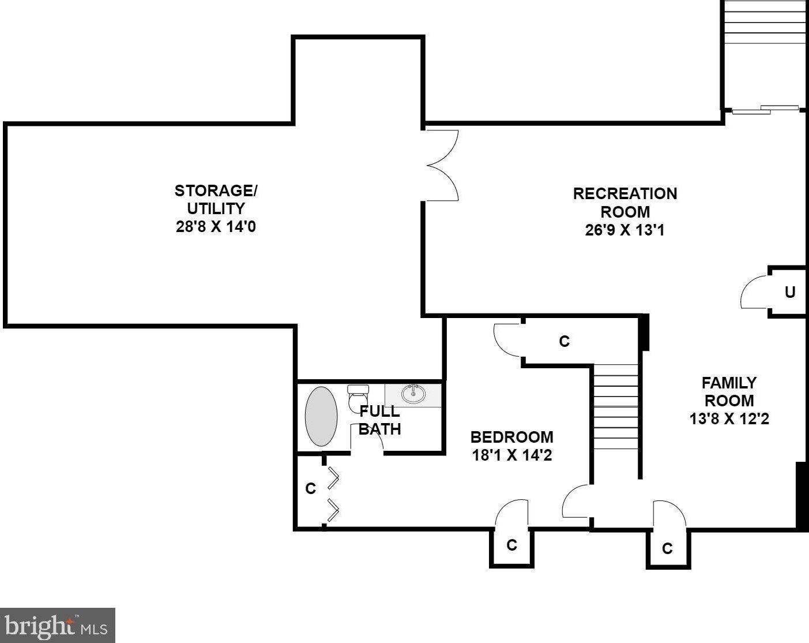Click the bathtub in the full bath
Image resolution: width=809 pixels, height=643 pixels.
click(321, 417)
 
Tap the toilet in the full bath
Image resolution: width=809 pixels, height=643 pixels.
click(358, 398)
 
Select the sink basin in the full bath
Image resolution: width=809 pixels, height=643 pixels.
click(413, 394)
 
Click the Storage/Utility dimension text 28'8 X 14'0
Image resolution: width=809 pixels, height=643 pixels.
click(216, 226)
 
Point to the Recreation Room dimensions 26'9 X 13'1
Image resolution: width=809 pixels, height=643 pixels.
click(625, 230)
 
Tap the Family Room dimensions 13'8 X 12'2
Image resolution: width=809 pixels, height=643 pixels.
click(729, 418)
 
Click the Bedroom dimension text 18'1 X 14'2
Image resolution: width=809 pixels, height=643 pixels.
click(511, 455)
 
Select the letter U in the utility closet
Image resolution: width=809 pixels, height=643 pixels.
click(790, 292)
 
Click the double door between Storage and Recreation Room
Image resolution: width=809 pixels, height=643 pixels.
click(442, 166)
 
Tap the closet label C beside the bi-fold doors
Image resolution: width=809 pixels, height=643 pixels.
click(311, 488)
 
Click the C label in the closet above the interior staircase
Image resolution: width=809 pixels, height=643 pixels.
click(565, 341)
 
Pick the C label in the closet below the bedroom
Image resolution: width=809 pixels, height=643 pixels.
click(511, 545)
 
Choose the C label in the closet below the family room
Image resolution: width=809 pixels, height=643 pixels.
click(667, 548)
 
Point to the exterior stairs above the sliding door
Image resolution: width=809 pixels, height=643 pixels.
click(765, 27)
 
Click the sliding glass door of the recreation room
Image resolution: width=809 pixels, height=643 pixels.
click(765, 110)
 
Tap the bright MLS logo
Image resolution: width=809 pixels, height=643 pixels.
click(58, 625)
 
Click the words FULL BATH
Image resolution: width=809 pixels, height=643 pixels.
click(379, 420)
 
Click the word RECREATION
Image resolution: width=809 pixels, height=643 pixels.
click(625, 194)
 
